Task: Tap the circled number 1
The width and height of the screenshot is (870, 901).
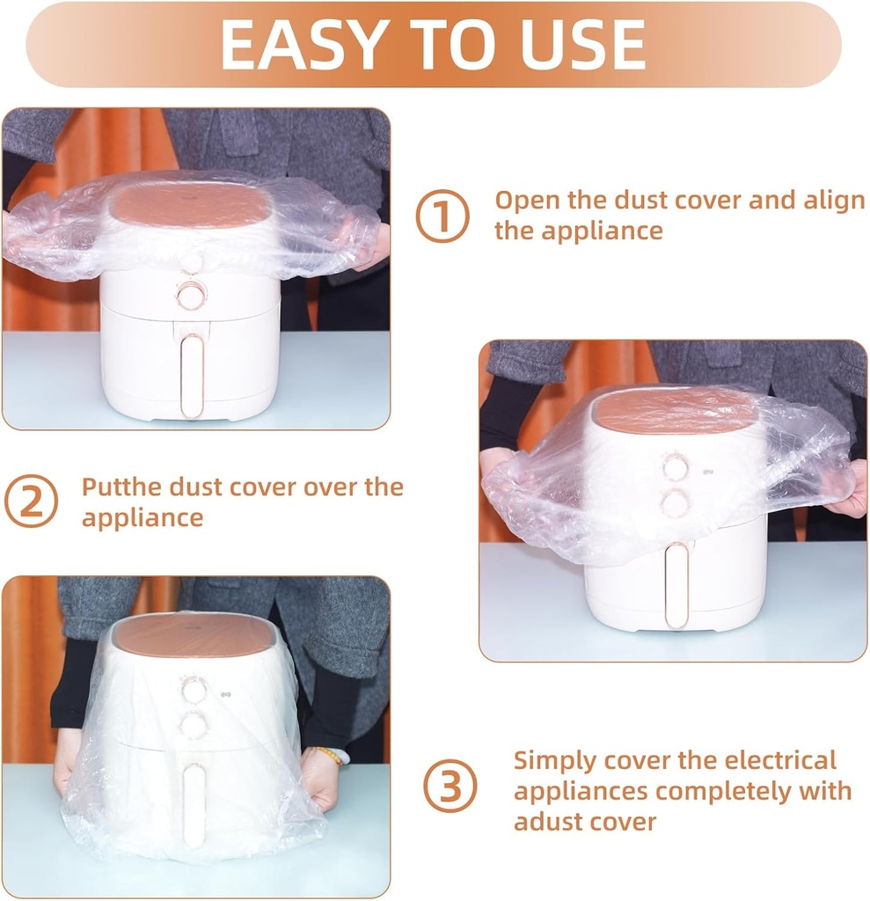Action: [442, 216]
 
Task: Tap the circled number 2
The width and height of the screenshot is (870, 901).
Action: [31, 502]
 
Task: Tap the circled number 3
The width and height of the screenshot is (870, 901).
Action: [450, 786]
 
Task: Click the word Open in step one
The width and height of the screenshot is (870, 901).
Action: [527, 200]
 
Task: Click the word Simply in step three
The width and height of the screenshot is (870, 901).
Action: [553, 759]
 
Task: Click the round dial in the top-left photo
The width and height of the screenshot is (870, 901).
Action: [190, 296]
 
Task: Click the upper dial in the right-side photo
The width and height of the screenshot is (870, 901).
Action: [675, 468]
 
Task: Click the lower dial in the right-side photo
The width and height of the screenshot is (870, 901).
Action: [675, 504]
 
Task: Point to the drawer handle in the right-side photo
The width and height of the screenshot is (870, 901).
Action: [676, 585]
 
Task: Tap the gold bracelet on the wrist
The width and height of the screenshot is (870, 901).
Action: [330, 755]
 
